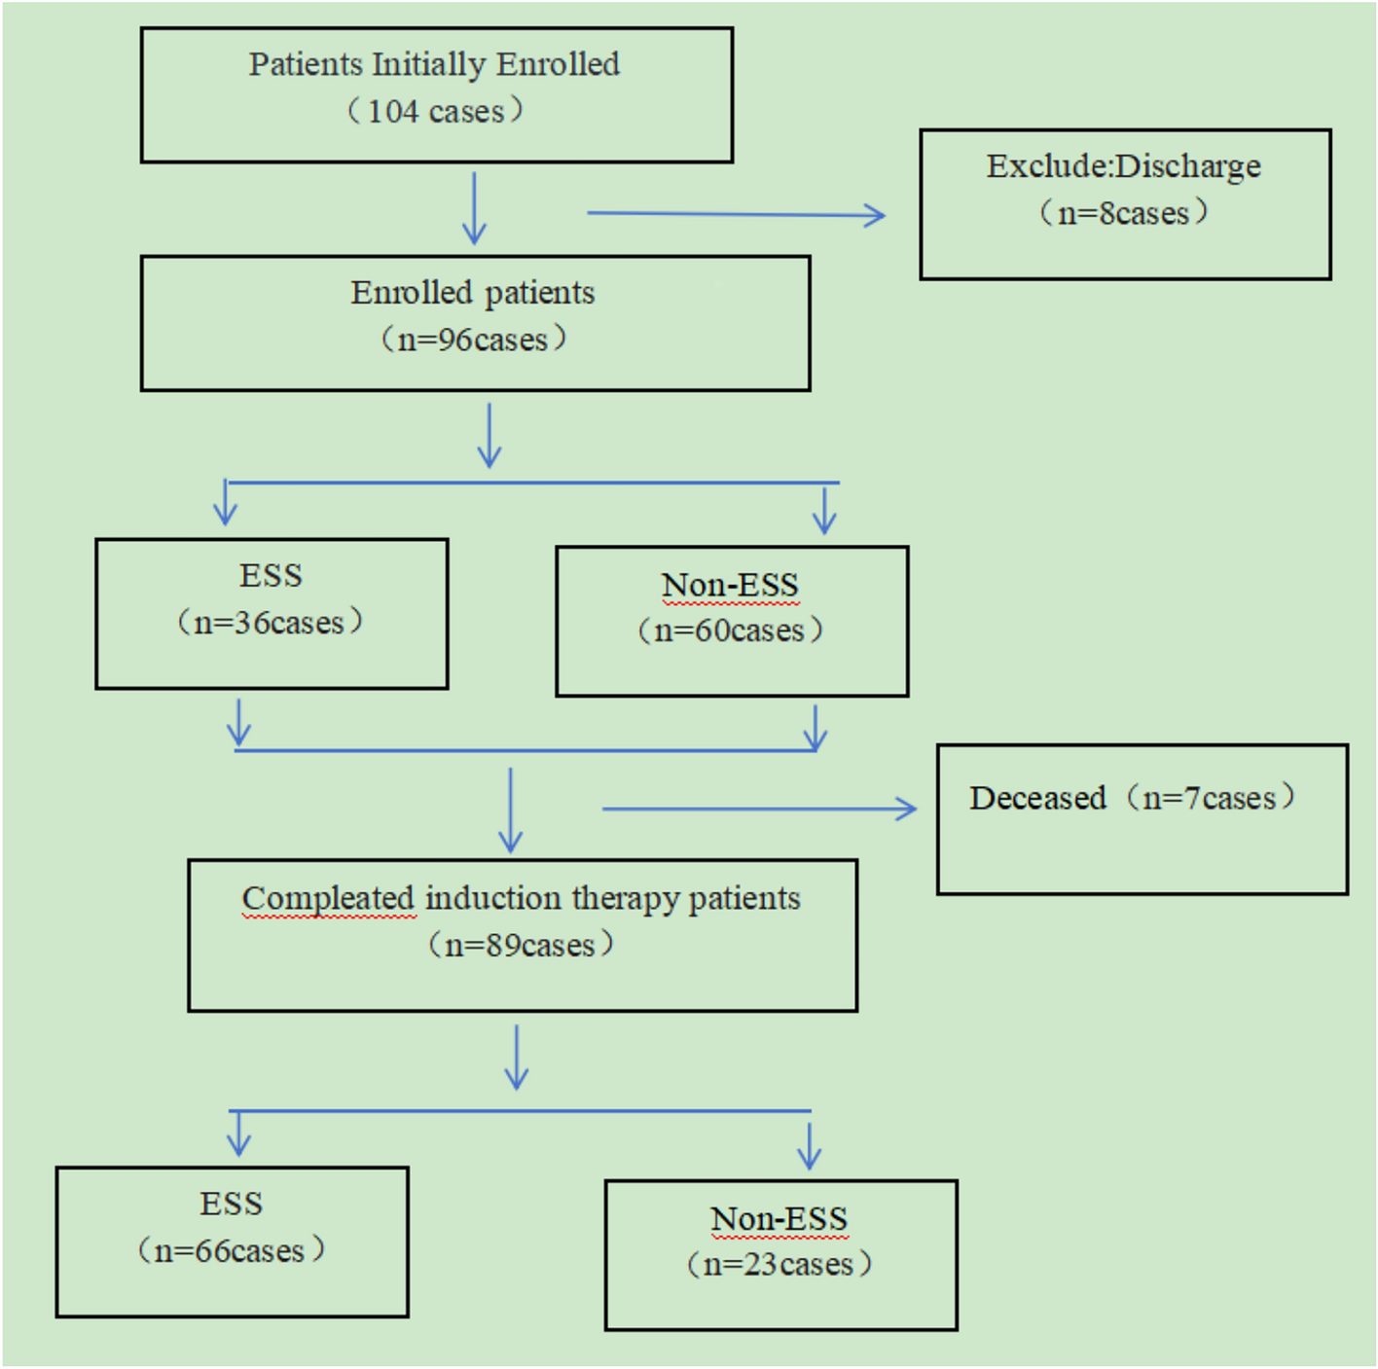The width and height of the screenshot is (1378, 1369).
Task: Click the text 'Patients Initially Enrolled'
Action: coord(434,64)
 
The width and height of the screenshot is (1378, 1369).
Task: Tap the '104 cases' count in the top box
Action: coord(436,111)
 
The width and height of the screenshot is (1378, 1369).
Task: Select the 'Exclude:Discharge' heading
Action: coord(1123,166)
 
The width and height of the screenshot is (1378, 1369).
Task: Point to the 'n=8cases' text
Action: coord(1123,213)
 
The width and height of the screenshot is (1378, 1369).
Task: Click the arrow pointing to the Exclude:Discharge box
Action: coord(737,214)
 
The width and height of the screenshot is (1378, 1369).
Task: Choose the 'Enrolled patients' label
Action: coord(473,293)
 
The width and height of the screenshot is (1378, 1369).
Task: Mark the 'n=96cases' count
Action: coord(473,340)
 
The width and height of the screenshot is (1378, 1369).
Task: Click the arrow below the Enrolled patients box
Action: coord(490,435)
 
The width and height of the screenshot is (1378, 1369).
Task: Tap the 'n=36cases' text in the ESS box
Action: coord(270,623)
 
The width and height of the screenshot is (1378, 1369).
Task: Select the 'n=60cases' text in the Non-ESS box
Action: coord(730,630)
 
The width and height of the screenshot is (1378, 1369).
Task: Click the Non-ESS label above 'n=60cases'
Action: coord(730,585)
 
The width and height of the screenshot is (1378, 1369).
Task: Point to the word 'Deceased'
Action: coord(1037,798)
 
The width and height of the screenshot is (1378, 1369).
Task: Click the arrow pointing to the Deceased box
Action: coord(759,809)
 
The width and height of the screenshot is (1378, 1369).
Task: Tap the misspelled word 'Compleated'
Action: coord(328,898)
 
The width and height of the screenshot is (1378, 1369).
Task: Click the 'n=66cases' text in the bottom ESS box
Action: coord(231,1250)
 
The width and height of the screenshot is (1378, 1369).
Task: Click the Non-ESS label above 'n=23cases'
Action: coord(779,1218)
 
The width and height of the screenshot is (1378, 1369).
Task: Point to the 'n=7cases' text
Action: coord(1210,798)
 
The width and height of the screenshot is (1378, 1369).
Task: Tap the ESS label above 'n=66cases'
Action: coord(232,1204)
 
